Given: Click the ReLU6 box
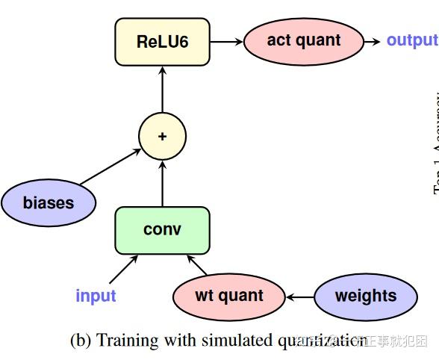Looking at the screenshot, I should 162,41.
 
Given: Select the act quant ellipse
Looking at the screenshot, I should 303,40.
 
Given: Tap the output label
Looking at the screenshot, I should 411,40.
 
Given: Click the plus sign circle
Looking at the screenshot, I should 162,137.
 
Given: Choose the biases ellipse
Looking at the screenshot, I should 49,202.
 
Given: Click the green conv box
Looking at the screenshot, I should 162,230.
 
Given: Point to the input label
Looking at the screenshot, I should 96,296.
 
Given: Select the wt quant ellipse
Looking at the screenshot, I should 229,296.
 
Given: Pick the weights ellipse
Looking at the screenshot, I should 365,296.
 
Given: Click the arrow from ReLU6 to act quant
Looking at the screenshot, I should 226,41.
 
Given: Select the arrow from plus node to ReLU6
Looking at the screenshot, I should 162,90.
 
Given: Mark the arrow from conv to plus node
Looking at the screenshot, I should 162,184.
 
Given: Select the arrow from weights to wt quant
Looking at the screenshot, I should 299,297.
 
